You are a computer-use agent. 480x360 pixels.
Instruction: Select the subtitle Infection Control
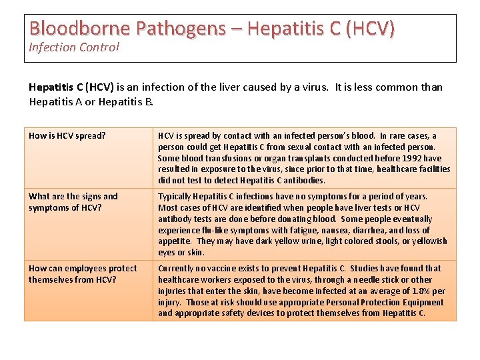74,47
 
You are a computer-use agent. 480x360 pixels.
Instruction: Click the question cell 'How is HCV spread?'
67,136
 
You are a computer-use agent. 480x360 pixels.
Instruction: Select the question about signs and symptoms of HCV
73,202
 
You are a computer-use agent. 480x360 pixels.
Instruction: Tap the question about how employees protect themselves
83,274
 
